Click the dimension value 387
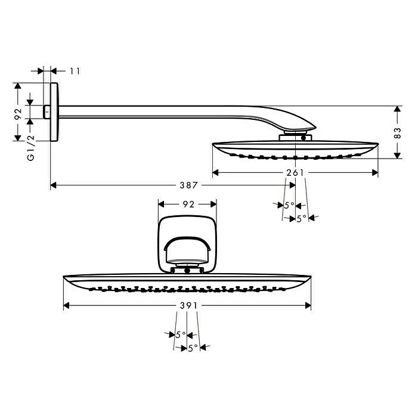188,185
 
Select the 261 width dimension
295,173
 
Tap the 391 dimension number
188,306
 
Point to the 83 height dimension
398,133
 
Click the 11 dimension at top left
75,71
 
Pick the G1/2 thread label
30,148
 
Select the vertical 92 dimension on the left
18,114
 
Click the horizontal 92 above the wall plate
188,205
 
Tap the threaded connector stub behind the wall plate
47,112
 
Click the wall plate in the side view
54,112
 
